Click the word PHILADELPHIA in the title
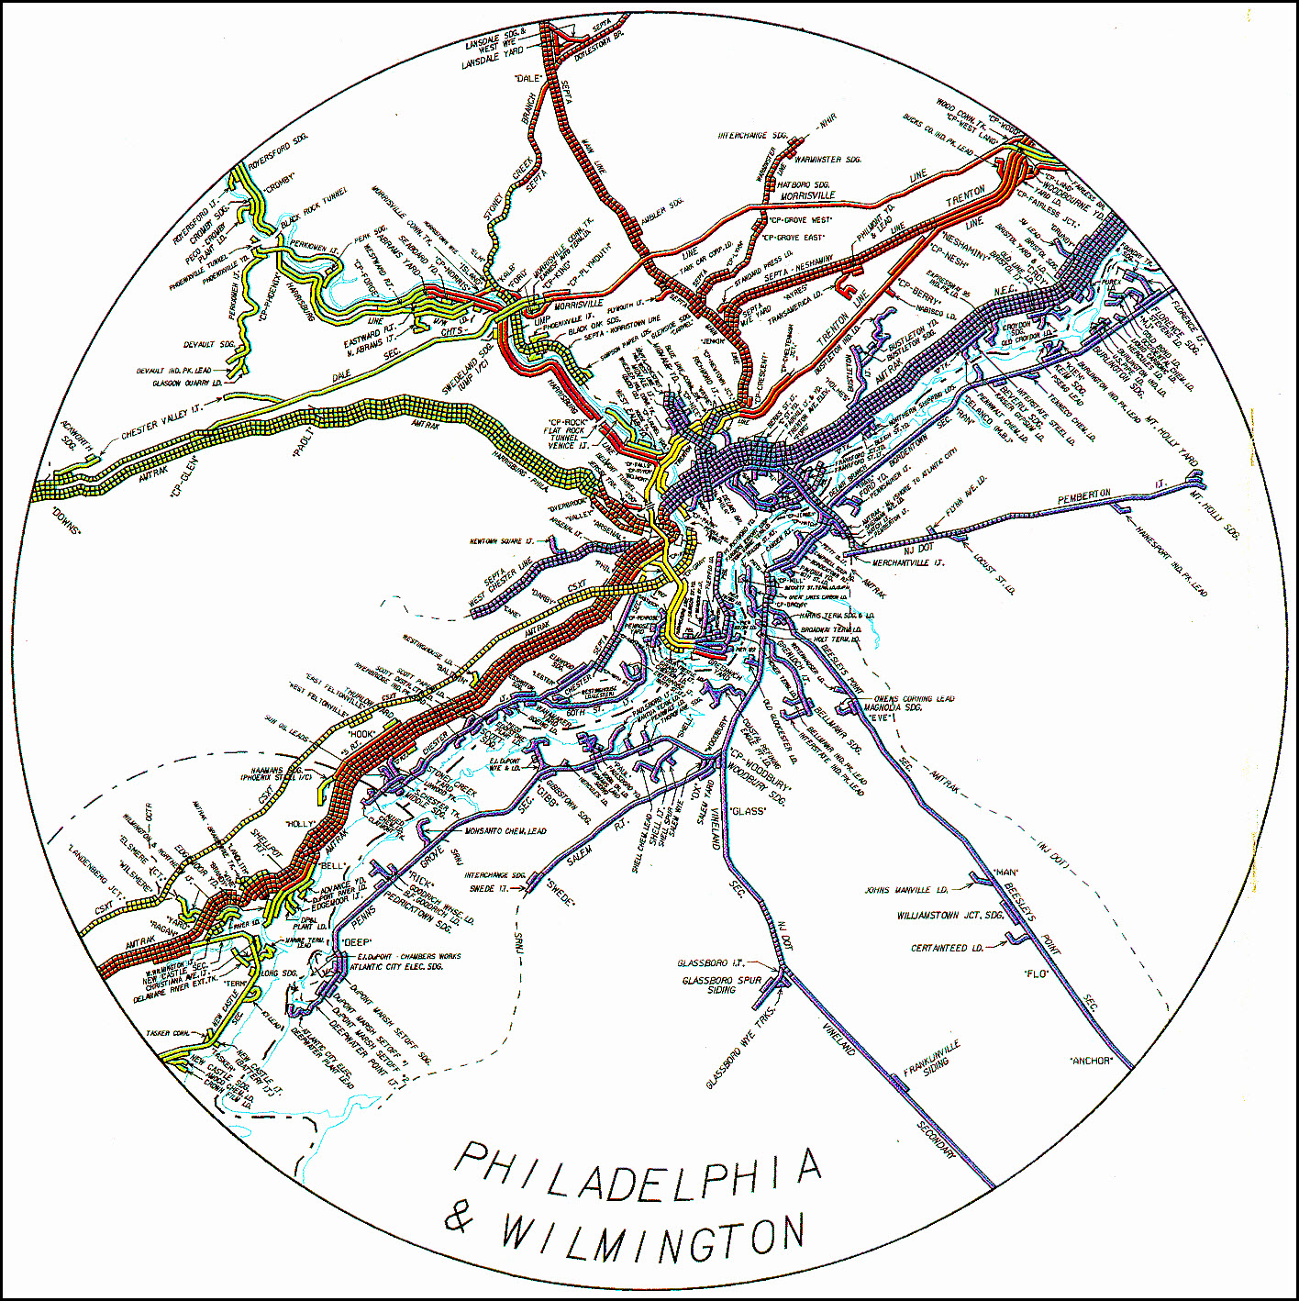637,1173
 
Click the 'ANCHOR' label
1092,1061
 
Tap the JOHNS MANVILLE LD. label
906,890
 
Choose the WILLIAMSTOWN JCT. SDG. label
950,916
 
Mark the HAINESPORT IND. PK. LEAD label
1171,559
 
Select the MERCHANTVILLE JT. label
907,562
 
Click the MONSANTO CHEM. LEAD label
505,831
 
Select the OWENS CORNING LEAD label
914,698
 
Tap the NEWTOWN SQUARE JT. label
502,541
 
